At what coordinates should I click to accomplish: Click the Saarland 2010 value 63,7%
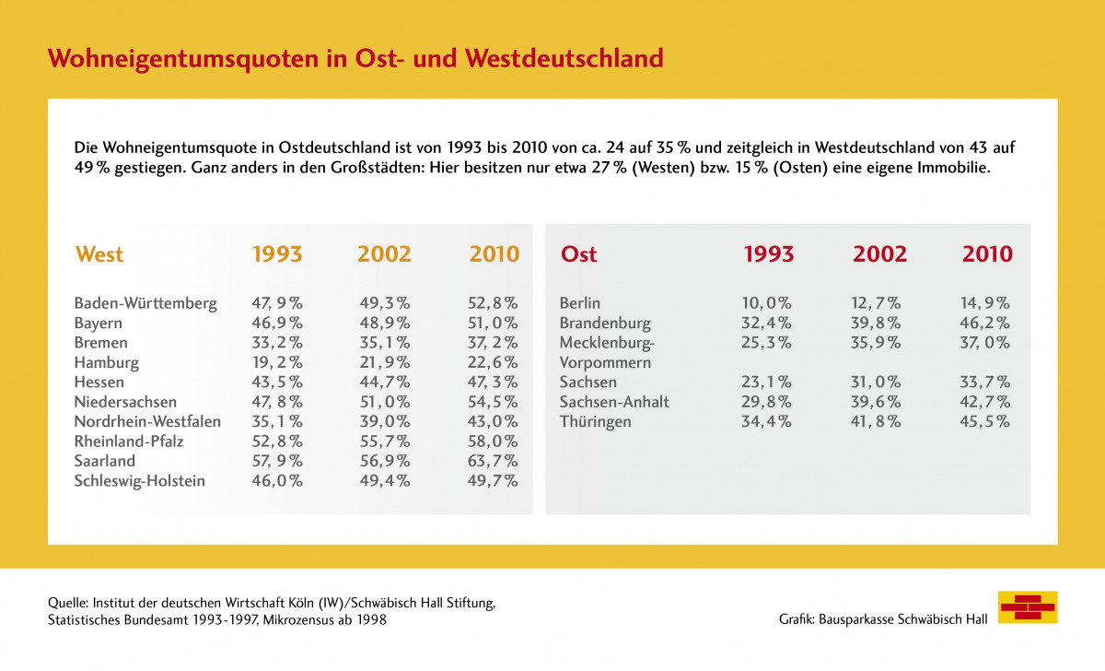click(x=494, y=461)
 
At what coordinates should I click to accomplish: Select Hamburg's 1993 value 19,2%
click(x=277, y=362)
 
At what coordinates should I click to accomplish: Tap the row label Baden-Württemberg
click(x=145, y=303)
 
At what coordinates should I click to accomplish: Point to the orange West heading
click(x=99, y=254)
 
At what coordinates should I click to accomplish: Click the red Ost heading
click(x=578, y=254)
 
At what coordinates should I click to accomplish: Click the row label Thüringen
click(x=596, y=422)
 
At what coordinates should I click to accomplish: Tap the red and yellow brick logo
click(x=1028, y=607)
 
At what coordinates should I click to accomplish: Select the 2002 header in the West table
click(x=385, y=254)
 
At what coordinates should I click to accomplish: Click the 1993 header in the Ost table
click(x=769, y=254)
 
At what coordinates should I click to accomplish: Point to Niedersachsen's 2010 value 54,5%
click(x=494, y=402)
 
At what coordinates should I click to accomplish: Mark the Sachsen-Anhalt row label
click(x=614, y=402)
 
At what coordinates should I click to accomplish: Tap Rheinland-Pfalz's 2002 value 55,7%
click(x=385, y=441)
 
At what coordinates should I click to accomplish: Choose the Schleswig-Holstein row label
click(x=139, y=481)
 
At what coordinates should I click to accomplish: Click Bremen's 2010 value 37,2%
click(x=494, y=343)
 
